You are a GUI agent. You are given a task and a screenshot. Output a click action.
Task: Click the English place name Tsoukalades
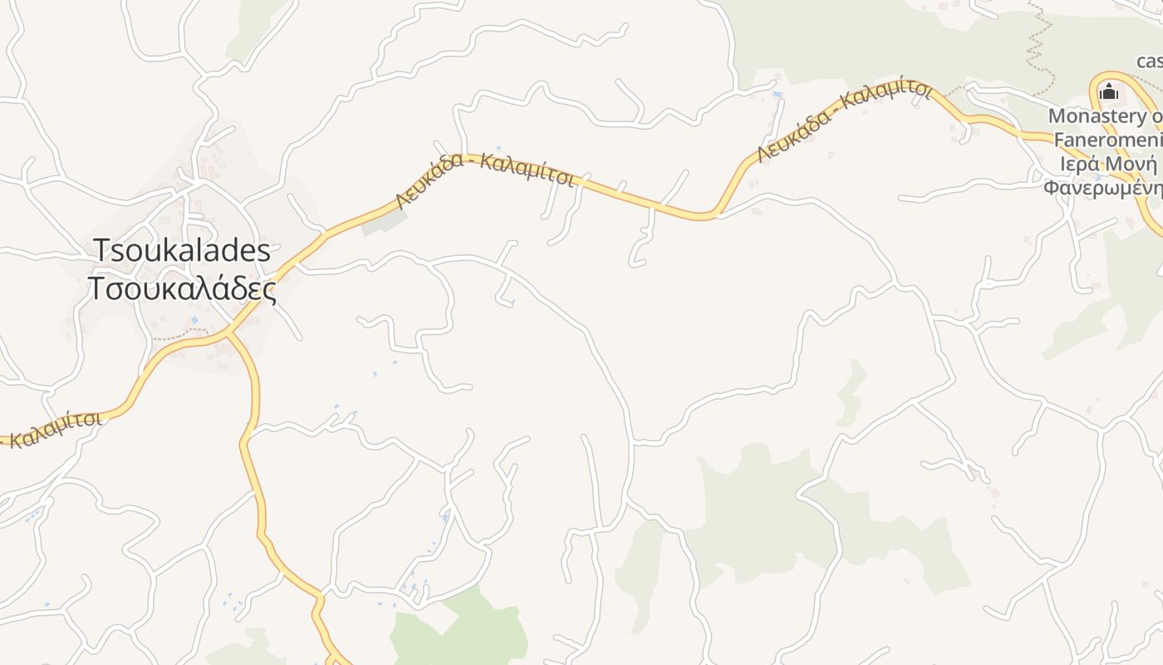click(x=182, y=250)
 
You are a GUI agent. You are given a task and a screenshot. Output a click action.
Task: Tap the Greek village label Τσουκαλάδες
click(x=182, y=288)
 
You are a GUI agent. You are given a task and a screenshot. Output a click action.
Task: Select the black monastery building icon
click(x=1108, y=91)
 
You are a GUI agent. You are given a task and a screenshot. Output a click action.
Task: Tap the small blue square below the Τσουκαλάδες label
click(x=194, y=319)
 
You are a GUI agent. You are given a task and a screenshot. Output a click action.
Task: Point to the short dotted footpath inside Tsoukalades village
click(x=170, y=338)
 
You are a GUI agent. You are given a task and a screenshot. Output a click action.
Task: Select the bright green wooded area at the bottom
click(x=465, y=632)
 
